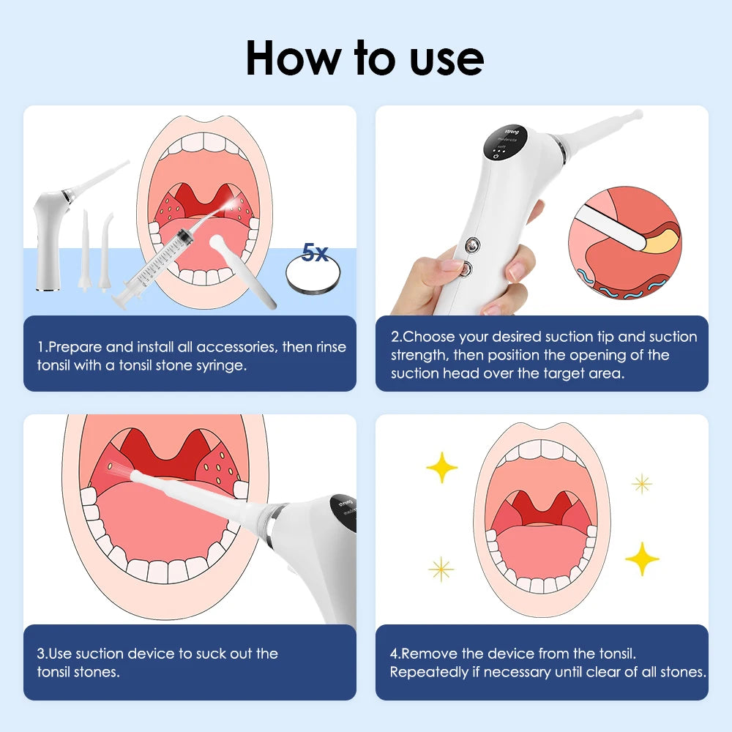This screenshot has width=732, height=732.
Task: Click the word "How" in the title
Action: [x=294, y=58]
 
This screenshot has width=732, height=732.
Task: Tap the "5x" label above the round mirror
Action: [x=315, y=253]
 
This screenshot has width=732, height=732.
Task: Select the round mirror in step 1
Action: [x=313, y=276]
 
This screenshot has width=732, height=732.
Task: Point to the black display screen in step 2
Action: [x=504, y=143]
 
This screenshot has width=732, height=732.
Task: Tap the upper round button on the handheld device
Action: [x=472, y=244]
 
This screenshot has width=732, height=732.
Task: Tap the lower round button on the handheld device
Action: [x=465, y=269]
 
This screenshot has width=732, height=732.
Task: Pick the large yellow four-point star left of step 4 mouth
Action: [x=441, y=467]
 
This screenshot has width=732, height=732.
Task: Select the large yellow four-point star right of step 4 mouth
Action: [x=643, y=559]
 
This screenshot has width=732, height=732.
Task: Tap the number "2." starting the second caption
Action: [x=397, y=337]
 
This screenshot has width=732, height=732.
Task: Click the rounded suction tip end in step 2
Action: [x=637, y=114]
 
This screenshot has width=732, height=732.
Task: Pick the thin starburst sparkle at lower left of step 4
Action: [x=441, y=569]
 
